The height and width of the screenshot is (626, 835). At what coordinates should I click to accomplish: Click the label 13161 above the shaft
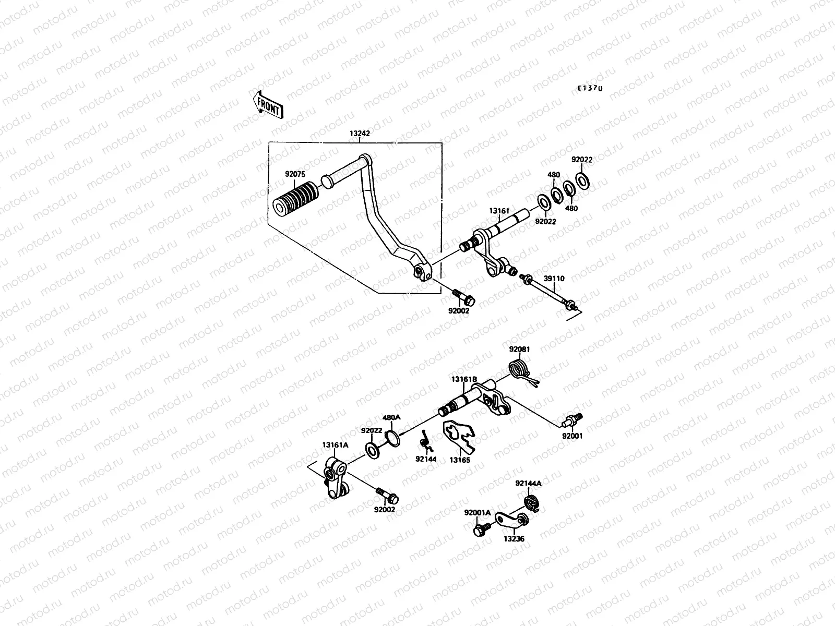[498, 211]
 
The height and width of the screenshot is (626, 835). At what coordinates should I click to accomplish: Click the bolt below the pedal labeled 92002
[462, 296]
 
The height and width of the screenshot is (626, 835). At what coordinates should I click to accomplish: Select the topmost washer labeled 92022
[582, 180]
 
